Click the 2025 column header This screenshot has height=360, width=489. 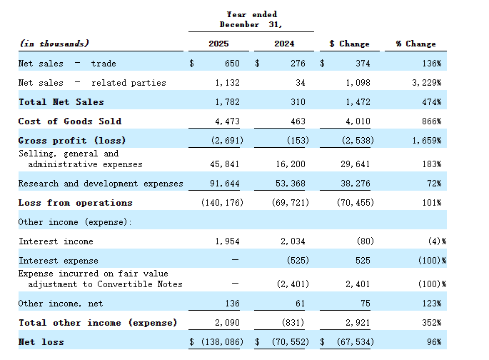218,44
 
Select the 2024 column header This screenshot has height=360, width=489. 284,44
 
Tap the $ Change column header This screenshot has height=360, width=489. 349,44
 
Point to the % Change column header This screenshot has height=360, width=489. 415,44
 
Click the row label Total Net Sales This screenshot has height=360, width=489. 61,102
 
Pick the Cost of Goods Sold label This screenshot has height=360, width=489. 70,121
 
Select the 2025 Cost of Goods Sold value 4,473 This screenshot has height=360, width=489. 227,121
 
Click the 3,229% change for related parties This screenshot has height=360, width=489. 427,83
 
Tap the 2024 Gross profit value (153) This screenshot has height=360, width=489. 298,141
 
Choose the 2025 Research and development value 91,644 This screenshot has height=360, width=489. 225,184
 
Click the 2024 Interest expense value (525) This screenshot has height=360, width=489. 298,261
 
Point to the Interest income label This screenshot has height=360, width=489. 56,241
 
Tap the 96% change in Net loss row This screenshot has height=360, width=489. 434,342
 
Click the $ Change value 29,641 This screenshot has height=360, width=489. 356,164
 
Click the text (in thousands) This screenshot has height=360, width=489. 54,44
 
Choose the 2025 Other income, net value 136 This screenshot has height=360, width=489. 232,304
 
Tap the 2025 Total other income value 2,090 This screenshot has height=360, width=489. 227,323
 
